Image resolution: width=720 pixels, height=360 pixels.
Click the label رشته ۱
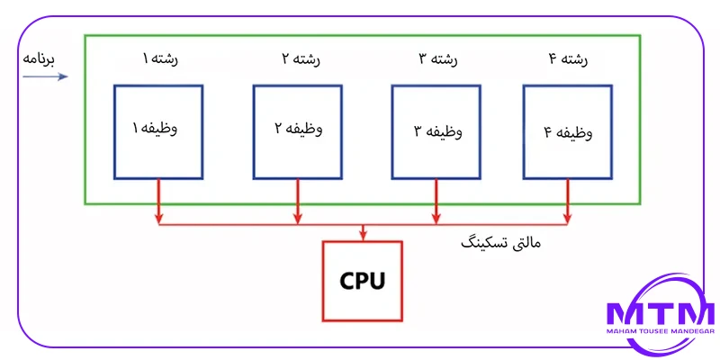158,59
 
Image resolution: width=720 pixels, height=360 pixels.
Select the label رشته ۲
298,59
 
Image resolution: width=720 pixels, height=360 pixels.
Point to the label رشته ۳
437,59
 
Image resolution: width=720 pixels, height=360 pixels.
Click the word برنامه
39,60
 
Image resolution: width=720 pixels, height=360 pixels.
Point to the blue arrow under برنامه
45,76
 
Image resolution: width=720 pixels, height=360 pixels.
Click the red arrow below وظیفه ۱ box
159,200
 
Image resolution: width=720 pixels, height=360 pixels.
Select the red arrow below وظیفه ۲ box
298,200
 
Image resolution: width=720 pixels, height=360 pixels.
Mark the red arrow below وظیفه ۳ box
437,200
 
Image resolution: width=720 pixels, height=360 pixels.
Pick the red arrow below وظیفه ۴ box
567,200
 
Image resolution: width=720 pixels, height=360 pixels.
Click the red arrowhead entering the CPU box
363,235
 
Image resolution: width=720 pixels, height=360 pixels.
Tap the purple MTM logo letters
660,314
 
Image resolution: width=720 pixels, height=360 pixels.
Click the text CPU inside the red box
362,281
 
